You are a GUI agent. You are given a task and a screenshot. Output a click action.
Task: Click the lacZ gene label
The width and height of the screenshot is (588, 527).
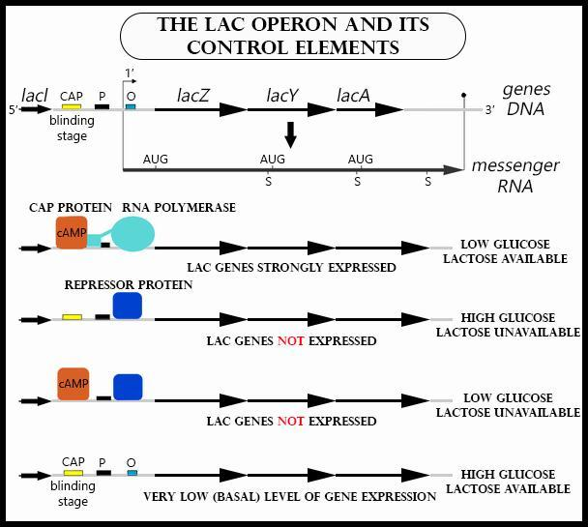coord(193,95)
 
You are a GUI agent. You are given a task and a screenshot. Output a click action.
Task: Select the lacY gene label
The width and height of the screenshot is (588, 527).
coord(281,95)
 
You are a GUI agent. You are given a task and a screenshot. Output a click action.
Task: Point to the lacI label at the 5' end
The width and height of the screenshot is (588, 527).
coord(35,96)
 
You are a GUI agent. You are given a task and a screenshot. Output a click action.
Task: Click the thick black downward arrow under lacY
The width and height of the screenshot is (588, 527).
coord(290,134)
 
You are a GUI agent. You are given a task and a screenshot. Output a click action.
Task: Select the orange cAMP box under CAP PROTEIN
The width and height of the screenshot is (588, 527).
coord(72,232)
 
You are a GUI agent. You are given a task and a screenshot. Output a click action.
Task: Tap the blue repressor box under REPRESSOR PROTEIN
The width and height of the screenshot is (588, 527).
coord(128,306)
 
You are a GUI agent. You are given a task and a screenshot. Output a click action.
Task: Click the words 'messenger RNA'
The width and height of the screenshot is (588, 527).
coord(514,176)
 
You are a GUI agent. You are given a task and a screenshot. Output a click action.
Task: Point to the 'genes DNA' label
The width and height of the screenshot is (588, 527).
coord(525,99)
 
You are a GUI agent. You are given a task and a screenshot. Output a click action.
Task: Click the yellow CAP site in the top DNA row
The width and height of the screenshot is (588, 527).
coord(72,107)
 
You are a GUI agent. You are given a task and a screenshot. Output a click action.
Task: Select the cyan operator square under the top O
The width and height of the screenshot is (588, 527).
coord(131,106)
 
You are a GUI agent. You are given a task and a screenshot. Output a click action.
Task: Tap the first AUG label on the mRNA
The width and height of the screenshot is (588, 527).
coord(155,159)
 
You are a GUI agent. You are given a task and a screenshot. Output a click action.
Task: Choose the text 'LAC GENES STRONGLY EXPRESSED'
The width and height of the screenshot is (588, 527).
coord(291,267)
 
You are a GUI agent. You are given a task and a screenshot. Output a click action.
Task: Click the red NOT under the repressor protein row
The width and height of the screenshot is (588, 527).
coord(290,340)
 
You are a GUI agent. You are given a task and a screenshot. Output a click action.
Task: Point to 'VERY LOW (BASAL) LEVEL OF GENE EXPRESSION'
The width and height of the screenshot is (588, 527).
coord(289,496)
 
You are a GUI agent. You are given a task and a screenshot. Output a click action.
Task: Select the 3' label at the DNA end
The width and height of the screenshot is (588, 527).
coord(490,110)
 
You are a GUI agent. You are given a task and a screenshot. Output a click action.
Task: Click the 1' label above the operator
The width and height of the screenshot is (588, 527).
coord(131,73)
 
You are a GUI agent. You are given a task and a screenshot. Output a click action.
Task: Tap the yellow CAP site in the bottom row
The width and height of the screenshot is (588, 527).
coord(72,474)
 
